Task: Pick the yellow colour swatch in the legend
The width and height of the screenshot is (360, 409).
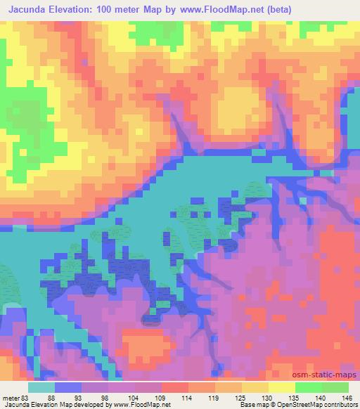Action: coord(282,387)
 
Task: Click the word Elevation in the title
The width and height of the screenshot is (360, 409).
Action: coord(77,9)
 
